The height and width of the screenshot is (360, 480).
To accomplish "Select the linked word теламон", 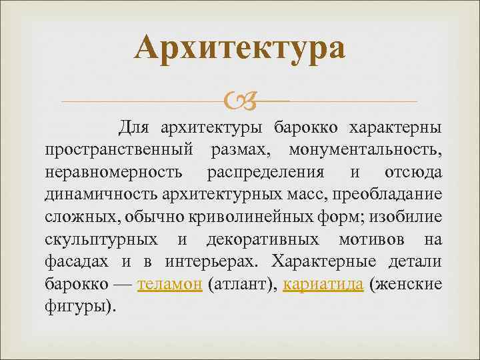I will (169, 285).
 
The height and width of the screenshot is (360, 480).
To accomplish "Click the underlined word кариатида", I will (323, 285).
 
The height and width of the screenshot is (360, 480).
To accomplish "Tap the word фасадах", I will (77, 262).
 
